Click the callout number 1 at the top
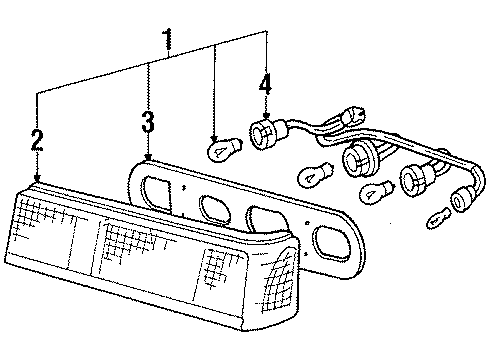(169, 40)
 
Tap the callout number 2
(37, 140)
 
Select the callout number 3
(147, 122)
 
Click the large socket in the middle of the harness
(357, 160)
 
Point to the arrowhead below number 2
(37, 177)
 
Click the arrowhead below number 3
(147, 158)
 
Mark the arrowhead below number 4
(266, 115)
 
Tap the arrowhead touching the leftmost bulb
(216, 139)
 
